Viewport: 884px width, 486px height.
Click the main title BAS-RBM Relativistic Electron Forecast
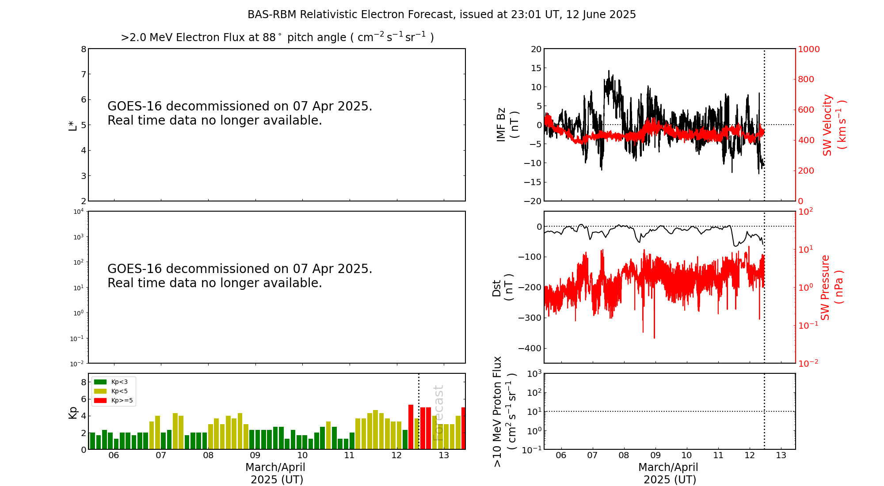441,15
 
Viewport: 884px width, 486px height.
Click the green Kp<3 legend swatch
100,382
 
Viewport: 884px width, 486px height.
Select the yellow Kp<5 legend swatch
100,391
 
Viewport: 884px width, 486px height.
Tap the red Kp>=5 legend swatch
100,401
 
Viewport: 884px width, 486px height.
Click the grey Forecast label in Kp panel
438,413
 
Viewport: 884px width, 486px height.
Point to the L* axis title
73,125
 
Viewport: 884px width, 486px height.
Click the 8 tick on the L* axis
83,49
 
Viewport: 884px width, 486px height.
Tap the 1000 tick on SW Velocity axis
808,49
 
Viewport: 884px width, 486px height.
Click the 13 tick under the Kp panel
444,456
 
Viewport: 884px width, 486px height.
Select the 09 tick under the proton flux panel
655,456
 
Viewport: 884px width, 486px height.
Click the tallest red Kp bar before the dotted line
411,426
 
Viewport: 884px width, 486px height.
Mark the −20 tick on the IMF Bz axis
532,201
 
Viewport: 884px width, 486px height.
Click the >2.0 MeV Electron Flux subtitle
277,38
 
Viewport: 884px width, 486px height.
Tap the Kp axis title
73,413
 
